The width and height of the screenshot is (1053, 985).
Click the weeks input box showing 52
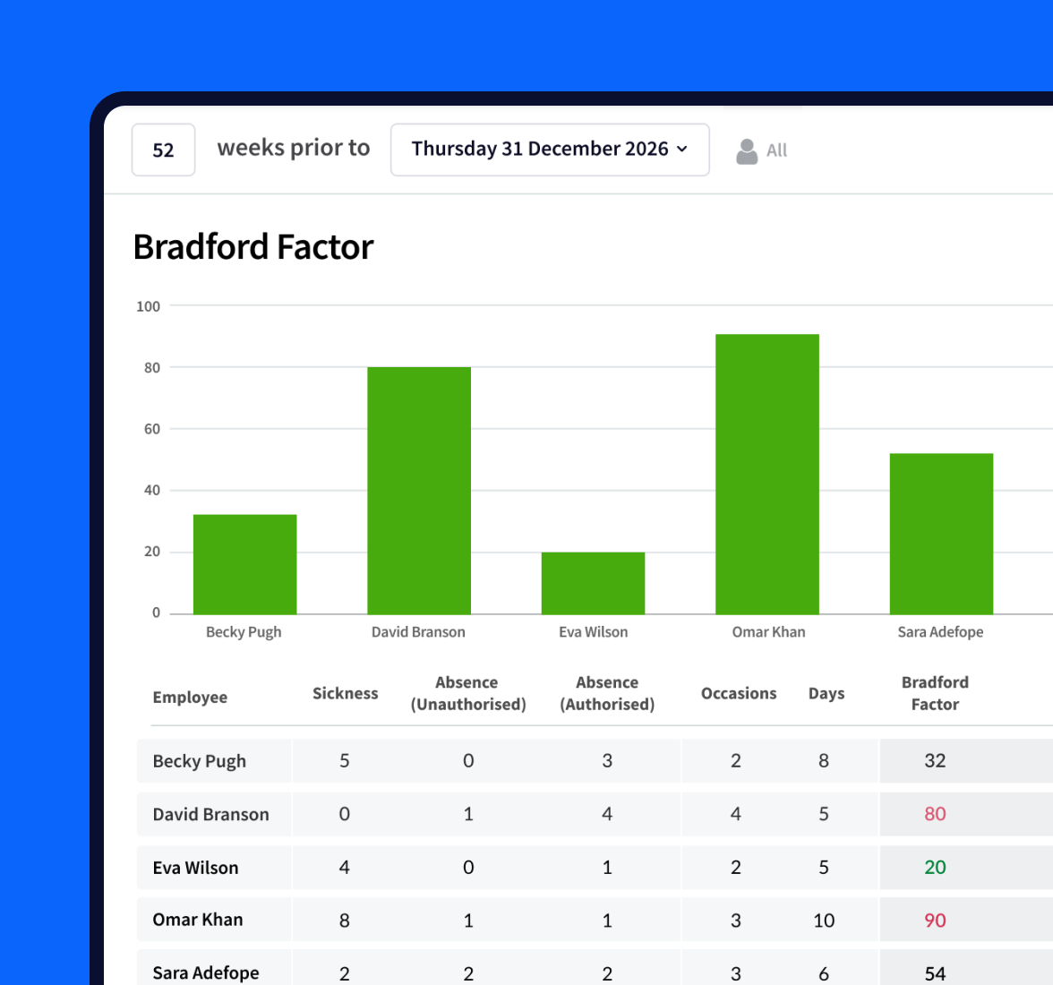pos(163,150)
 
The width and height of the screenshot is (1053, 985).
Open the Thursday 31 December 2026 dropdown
pos(550,150)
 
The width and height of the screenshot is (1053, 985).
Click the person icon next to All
pos(746,151)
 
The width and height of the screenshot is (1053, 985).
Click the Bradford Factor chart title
pos(253,247)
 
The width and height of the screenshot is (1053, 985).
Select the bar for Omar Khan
pos(766,474)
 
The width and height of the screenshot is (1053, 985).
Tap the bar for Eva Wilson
pos(593,583)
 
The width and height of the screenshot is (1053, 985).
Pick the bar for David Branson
pos(418,490)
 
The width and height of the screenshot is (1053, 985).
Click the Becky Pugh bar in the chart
pos(244,564)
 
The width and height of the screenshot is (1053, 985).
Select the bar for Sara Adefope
pos(940,534)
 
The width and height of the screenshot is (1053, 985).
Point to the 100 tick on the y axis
pos(148,306)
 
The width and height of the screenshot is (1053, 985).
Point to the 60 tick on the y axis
pos(152,429)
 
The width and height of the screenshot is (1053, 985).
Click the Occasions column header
pos(738,694)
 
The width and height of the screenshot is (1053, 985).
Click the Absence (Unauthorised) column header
pos(467,694)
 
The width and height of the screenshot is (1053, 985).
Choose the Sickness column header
pos(345,694)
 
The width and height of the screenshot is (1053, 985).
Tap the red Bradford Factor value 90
pos(935,921)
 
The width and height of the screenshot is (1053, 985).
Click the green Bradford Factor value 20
pos(935,867)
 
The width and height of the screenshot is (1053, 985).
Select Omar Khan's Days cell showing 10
pos(824,921)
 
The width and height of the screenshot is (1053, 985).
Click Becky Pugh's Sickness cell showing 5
pos(344,761)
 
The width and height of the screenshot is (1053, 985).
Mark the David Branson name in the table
pos(210,814)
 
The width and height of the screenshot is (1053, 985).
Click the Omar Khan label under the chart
pos(768,632)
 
